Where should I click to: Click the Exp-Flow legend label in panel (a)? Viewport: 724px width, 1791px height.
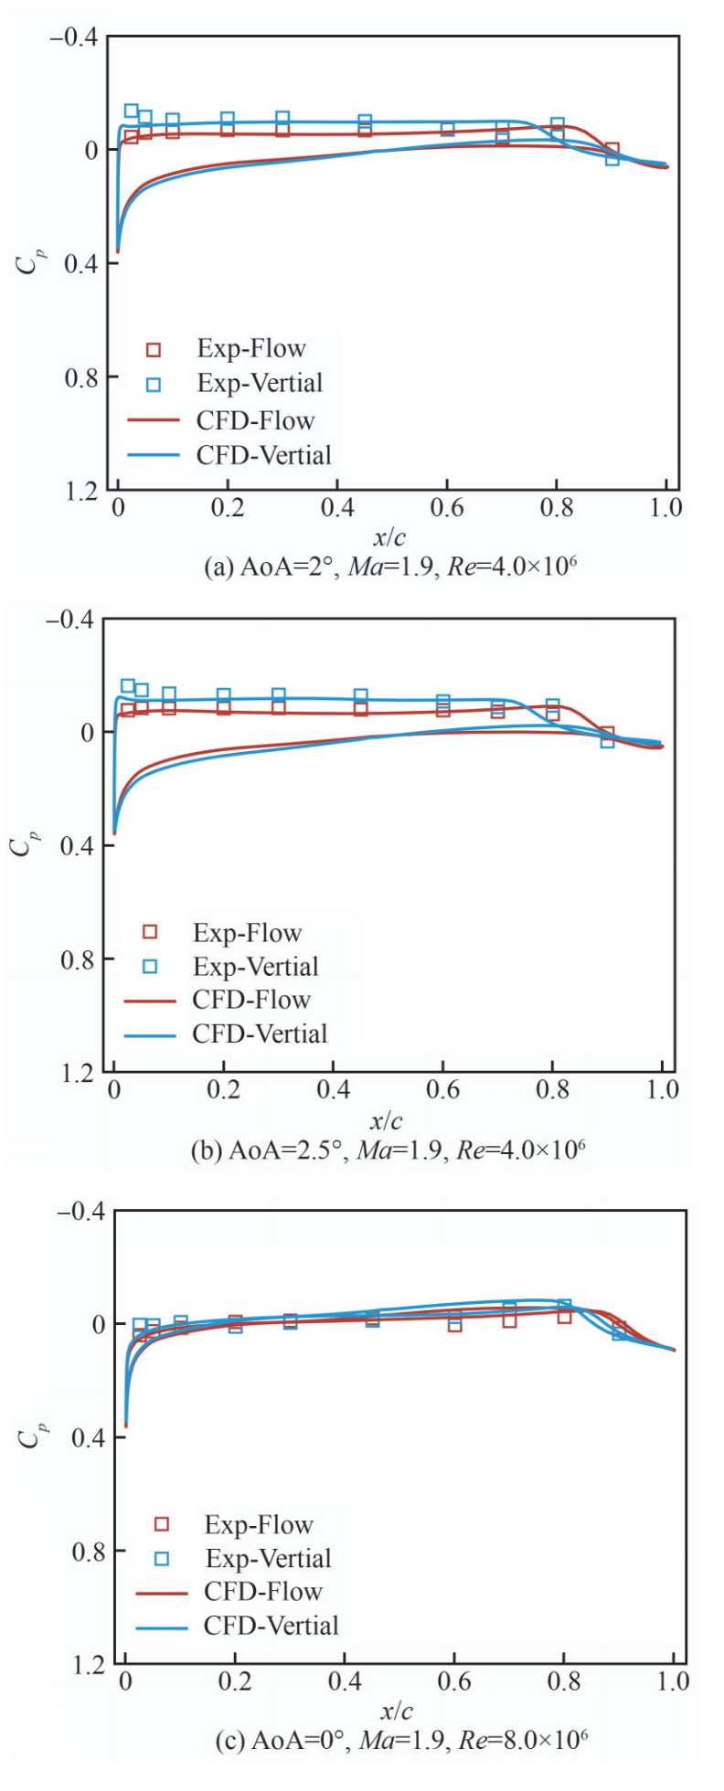(x=251, y=348)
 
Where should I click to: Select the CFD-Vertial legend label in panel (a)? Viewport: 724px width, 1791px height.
(x=264, y=455)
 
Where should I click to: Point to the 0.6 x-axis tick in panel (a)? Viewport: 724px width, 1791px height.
(x=447, y=507)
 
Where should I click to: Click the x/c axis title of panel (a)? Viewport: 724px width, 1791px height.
(x=389, y=537)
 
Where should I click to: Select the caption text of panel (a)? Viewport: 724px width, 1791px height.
(x=390, y=567)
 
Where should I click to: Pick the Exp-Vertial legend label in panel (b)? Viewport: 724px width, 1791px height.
(x=256, y=967)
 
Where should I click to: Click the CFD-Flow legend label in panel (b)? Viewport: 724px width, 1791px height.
(x=251, y=1000)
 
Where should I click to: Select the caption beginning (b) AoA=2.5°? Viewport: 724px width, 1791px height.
(x=388, y=1150)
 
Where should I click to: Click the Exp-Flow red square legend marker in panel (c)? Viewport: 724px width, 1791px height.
(x=162, y=1524)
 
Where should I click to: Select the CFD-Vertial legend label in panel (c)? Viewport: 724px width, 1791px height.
(x=271, y=1626)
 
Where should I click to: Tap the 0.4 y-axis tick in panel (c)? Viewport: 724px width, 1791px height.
(x=87, y=1438)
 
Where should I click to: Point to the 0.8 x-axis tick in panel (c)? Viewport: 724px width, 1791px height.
(x=564, y=1681)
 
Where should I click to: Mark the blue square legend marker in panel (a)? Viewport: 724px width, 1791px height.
(x=154, y=385)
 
